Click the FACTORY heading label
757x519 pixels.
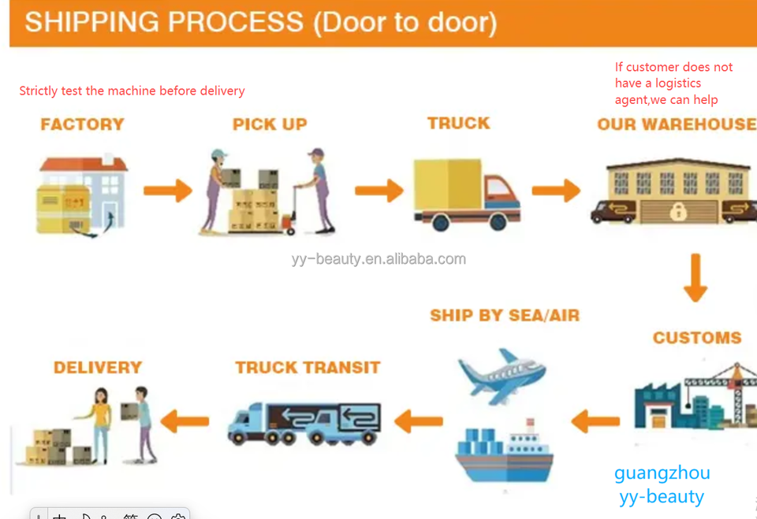pos(82,124)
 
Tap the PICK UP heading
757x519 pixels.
pos(270,124)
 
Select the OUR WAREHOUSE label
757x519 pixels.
pos(677,124)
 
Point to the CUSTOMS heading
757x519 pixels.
pos(696,338)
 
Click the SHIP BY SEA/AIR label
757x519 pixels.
pos(505,316)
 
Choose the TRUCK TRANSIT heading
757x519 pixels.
pos(308,368)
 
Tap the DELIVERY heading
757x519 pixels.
pos(98,368)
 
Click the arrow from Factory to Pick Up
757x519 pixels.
pos(168,191)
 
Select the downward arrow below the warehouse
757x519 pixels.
pos(695,277)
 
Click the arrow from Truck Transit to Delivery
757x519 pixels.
pos(185,421)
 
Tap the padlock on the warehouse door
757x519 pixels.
pos(678,211)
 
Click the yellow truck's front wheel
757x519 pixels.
pos(498,222)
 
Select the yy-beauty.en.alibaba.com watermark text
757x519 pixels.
pos(378,259)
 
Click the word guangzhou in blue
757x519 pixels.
pos(662,473)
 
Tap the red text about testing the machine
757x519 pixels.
pos(132,91)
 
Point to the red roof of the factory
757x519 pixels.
pos(84,164)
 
